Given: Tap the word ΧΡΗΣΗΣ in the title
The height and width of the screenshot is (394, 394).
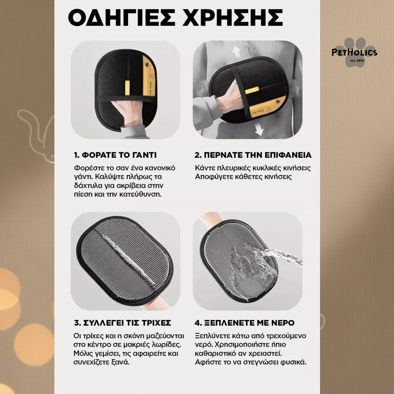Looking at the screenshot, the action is click(x=233, y=18).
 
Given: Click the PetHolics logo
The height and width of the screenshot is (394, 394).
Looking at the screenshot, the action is click(x=354, y=52).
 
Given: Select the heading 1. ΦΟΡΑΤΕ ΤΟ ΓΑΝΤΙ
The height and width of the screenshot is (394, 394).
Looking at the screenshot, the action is click(x=115, y=155).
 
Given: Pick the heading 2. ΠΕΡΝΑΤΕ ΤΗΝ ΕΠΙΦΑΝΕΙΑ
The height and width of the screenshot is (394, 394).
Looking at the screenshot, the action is click(x=253, y=155).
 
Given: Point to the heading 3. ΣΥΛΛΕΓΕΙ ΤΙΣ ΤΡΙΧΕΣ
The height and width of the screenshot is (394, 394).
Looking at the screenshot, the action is click(x=122, y=323).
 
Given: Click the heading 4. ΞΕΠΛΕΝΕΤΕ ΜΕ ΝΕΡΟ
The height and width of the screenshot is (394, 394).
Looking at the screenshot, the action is click(x=245, y=323).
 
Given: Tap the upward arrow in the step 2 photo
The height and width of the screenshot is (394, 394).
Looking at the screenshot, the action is click(x=237, y=51).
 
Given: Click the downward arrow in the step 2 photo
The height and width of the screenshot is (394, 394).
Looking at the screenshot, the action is click(x=259, y=129).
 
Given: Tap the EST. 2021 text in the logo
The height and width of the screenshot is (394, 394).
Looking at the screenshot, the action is click(x=357, y=61).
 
